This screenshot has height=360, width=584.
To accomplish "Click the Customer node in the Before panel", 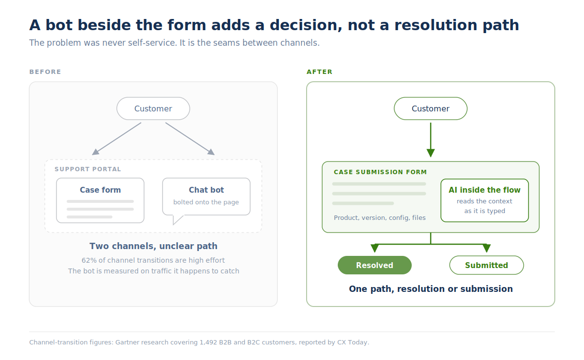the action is coord(153,108).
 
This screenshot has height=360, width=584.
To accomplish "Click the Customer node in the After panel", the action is coord(430,108).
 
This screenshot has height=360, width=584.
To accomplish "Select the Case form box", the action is coord(100,200).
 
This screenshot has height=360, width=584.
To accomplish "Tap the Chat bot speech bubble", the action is coord(206,197).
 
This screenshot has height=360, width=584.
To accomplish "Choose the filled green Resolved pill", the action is coord(375,265).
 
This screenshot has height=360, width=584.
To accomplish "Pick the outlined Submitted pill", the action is coord(487,265).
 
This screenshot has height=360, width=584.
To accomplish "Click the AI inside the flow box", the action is coord(485,200).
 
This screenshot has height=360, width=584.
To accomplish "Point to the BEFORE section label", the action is coord(45,72).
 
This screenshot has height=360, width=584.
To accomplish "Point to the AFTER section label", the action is coord(320,72).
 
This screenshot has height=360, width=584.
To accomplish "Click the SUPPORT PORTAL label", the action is coord(88,169).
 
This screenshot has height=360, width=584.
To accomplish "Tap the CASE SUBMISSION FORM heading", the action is coord(381,172).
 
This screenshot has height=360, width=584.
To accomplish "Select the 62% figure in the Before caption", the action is coord(87,260).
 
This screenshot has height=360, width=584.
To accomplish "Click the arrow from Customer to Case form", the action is coord(116,139).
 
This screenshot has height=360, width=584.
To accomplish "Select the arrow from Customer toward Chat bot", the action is coord(190,139).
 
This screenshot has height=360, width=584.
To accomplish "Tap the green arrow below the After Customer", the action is coord(431,140).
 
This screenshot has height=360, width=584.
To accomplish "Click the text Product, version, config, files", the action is coord(380,217).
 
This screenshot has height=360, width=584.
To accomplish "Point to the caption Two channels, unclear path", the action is coord(153,246).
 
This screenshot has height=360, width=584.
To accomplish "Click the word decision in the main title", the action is coord(306,25).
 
